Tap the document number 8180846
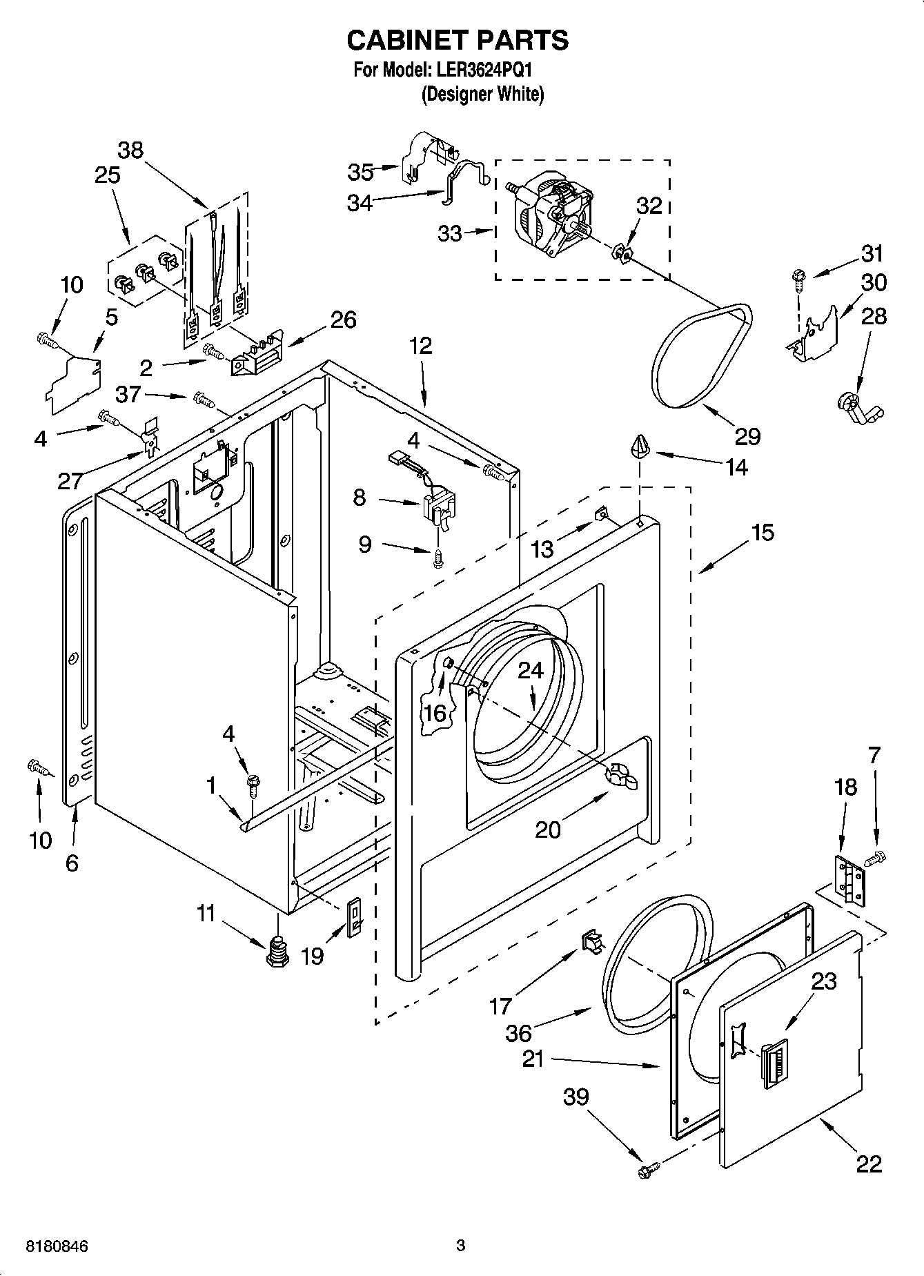[57, 1246]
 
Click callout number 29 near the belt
[747, 435]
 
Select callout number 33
[450, 234]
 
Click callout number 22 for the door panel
[869, 1164]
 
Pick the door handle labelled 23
[774, 1067]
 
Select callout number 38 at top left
[130, 150]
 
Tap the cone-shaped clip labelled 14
[641, 446]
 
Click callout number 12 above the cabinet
[420, 346]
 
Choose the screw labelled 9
[437, 562]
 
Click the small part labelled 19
[354, 919]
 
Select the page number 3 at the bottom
[461, 1246]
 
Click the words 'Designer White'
[482, 94]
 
